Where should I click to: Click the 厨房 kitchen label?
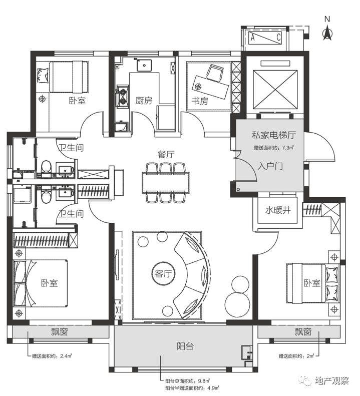click(x=144, y=101)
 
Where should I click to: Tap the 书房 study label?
click(x=200, y=101)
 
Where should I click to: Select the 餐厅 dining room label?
click(x=166, y=154)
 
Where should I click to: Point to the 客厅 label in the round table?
click(x=163, y=274)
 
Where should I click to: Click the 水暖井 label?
click(x=278, y=210)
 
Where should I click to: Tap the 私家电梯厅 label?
click(x=273, y=135)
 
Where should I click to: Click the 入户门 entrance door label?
click(x=270, y=166)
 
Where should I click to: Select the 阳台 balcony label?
click(x=185, y=346)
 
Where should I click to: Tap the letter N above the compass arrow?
click(x=327, y=19)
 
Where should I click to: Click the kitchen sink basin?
click(x=144, y=65)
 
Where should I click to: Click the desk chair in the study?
click(x=215, y=73)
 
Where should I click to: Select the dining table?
click(x=165, y=182)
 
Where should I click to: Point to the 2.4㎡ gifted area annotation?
click(x=52, y=356)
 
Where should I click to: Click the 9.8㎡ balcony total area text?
click(x=188, y=381)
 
